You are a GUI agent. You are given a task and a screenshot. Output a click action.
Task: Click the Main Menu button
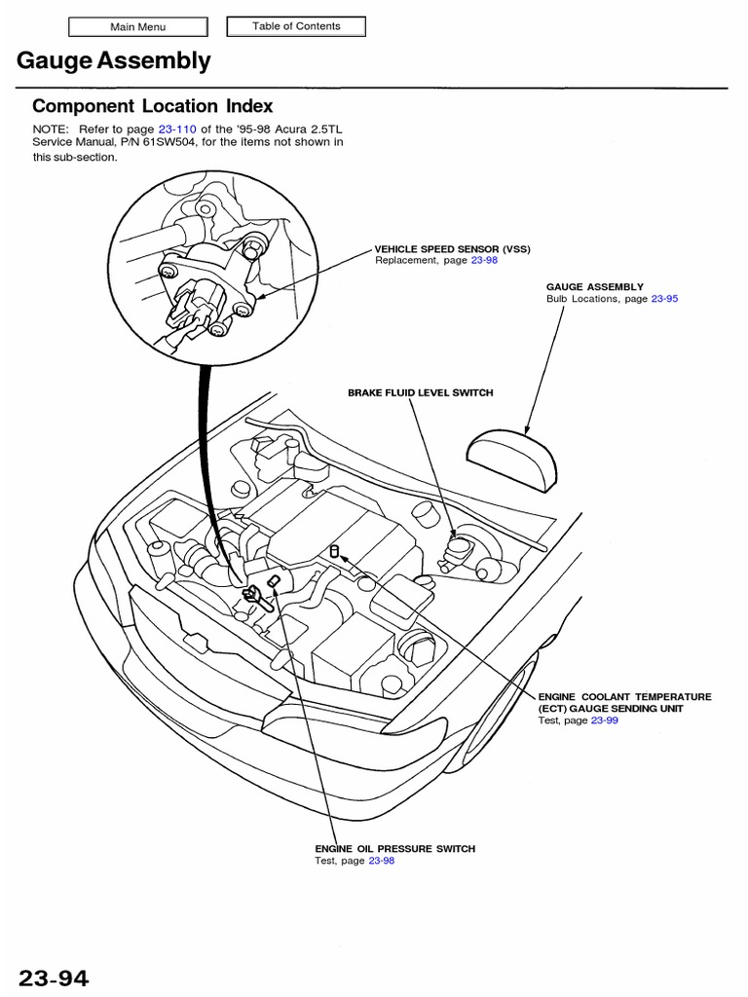137,27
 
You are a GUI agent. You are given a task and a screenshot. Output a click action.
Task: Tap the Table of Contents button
296,26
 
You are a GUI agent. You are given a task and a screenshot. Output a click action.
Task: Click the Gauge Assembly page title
113,61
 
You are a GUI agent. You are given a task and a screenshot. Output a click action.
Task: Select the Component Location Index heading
152,106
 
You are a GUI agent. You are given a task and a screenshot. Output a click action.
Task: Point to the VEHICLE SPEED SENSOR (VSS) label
453,249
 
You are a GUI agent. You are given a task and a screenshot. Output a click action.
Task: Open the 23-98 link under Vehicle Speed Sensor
484,262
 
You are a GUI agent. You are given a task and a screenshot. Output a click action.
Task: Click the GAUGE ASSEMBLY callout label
595,287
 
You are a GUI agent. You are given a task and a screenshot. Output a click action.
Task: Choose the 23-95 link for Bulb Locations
664,299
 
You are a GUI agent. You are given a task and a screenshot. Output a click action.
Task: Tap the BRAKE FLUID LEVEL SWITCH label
421,392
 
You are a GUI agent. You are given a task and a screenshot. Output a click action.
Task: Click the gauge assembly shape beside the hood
512,453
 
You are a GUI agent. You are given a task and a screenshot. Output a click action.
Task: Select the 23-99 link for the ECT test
605,720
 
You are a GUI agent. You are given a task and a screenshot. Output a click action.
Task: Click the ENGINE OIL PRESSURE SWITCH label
394,849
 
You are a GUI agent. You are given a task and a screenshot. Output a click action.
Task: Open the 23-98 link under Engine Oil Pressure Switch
382,862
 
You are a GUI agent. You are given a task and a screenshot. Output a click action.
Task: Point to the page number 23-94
59,978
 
